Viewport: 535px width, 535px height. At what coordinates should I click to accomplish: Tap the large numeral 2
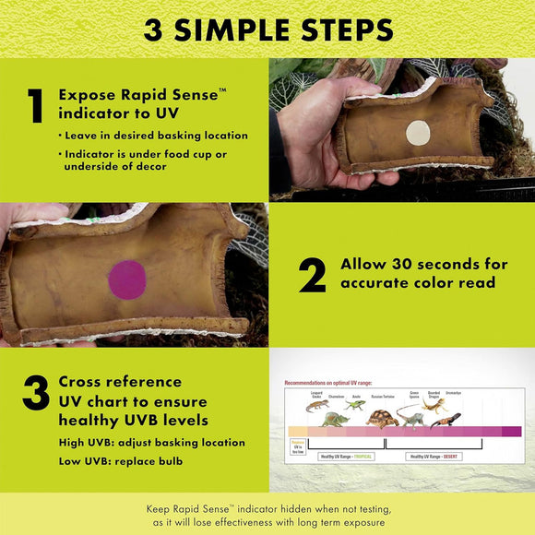pos(312,274)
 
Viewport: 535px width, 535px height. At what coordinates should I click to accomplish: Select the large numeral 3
pos(35,395)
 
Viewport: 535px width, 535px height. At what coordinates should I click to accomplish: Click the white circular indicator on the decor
pos(418,133)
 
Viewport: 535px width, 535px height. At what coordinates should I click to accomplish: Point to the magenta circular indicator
pos(127,279)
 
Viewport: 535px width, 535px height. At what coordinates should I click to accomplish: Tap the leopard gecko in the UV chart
pos(317,406)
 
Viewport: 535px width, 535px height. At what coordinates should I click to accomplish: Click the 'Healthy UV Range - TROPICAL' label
pos(346,456)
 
